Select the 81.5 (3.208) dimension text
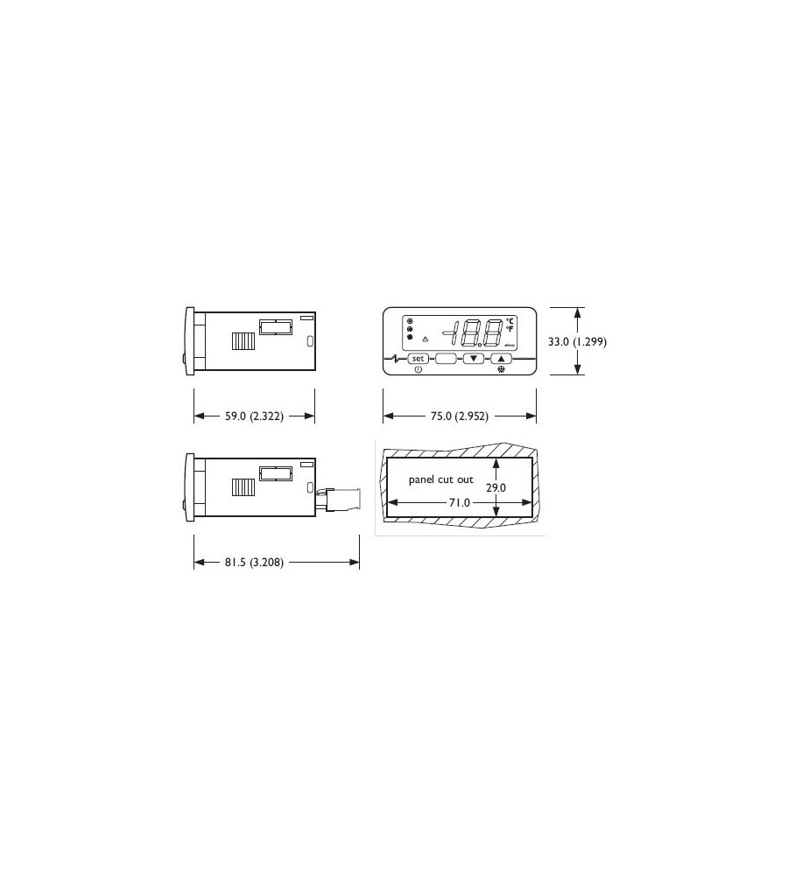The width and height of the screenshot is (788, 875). click(252, 562)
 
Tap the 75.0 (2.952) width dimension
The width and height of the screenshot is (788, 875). click(460, 416)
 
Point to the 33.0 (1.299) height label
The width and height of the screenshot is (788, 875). click(577, 342)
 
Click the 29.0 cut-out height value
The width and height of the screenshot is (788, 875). click(496, 487)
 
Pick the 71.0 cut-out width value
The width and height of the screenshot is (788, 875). click(460, 503)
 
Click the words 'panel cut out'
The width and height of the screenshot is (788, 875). click(441, 480)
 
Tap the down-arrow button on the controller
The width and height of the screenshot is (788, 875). click(474, 358)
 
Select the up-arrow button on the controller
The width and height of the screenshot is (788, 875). click(501, 358)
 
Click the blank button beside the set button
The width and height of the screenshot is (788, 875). click(446, 358)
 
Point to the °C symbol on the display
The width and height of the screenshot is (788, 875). click(510, 320)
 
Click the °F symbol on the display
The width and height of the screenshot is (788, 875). click(510, 329)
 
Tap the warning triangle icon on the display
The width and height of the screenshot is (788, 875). click(425, 338)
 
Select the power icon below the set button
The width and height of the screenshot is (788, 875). click(419, 370)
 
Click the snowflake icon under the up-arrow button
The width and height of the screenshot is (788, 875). click(501, 370)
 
